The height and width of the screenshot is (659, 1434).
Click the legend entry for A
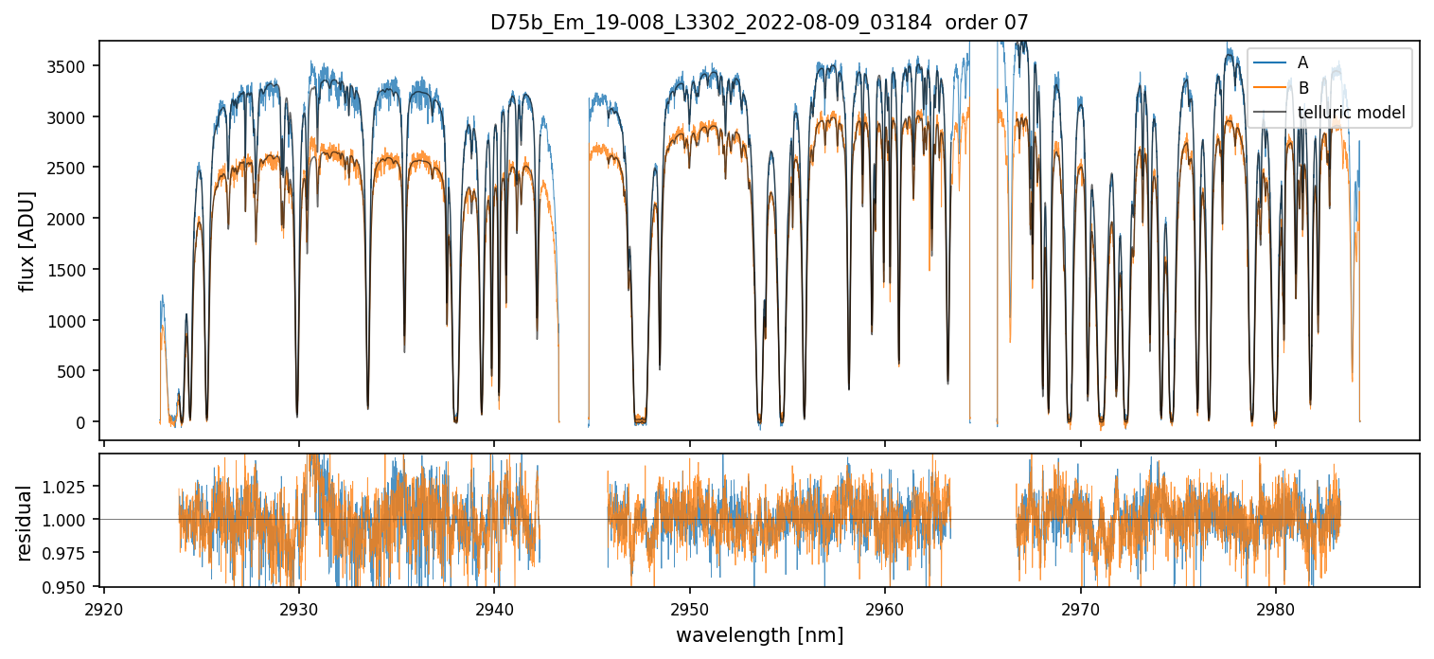1303,62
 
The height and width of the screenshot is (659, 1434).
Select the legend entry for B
1303,88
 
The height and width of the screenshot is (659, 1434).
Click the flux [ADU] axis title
27,240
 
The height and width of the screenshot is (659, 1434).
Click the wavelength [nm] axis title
759,635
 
